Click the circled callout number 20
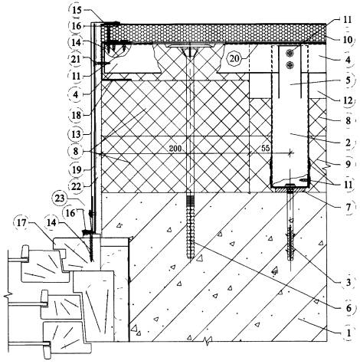(234, 59)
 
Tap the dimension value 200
(175, 149)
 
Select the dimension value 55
(266, 149)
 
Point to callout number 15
(77, 10)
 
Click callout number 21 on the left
(76, 59)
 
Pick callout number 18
(77, 115)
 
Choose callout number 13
(76, 134)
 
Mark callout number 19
(77, 169)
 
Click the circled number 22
(77, 187)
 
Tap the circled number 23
(60, 198)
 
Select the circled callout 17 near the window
(21, 223)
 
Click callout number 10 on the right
(348, 40)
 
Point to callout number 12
(348, 100)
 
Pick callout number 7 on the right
(349, 207)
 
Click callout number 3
(349, 283)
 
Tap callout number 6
(349, 308)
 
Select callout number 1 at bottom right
(349, 333)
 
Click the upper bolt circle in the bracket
(289, 54)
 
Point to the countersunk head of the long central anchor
(189, 52)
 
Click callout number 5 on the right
(349, 80)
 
